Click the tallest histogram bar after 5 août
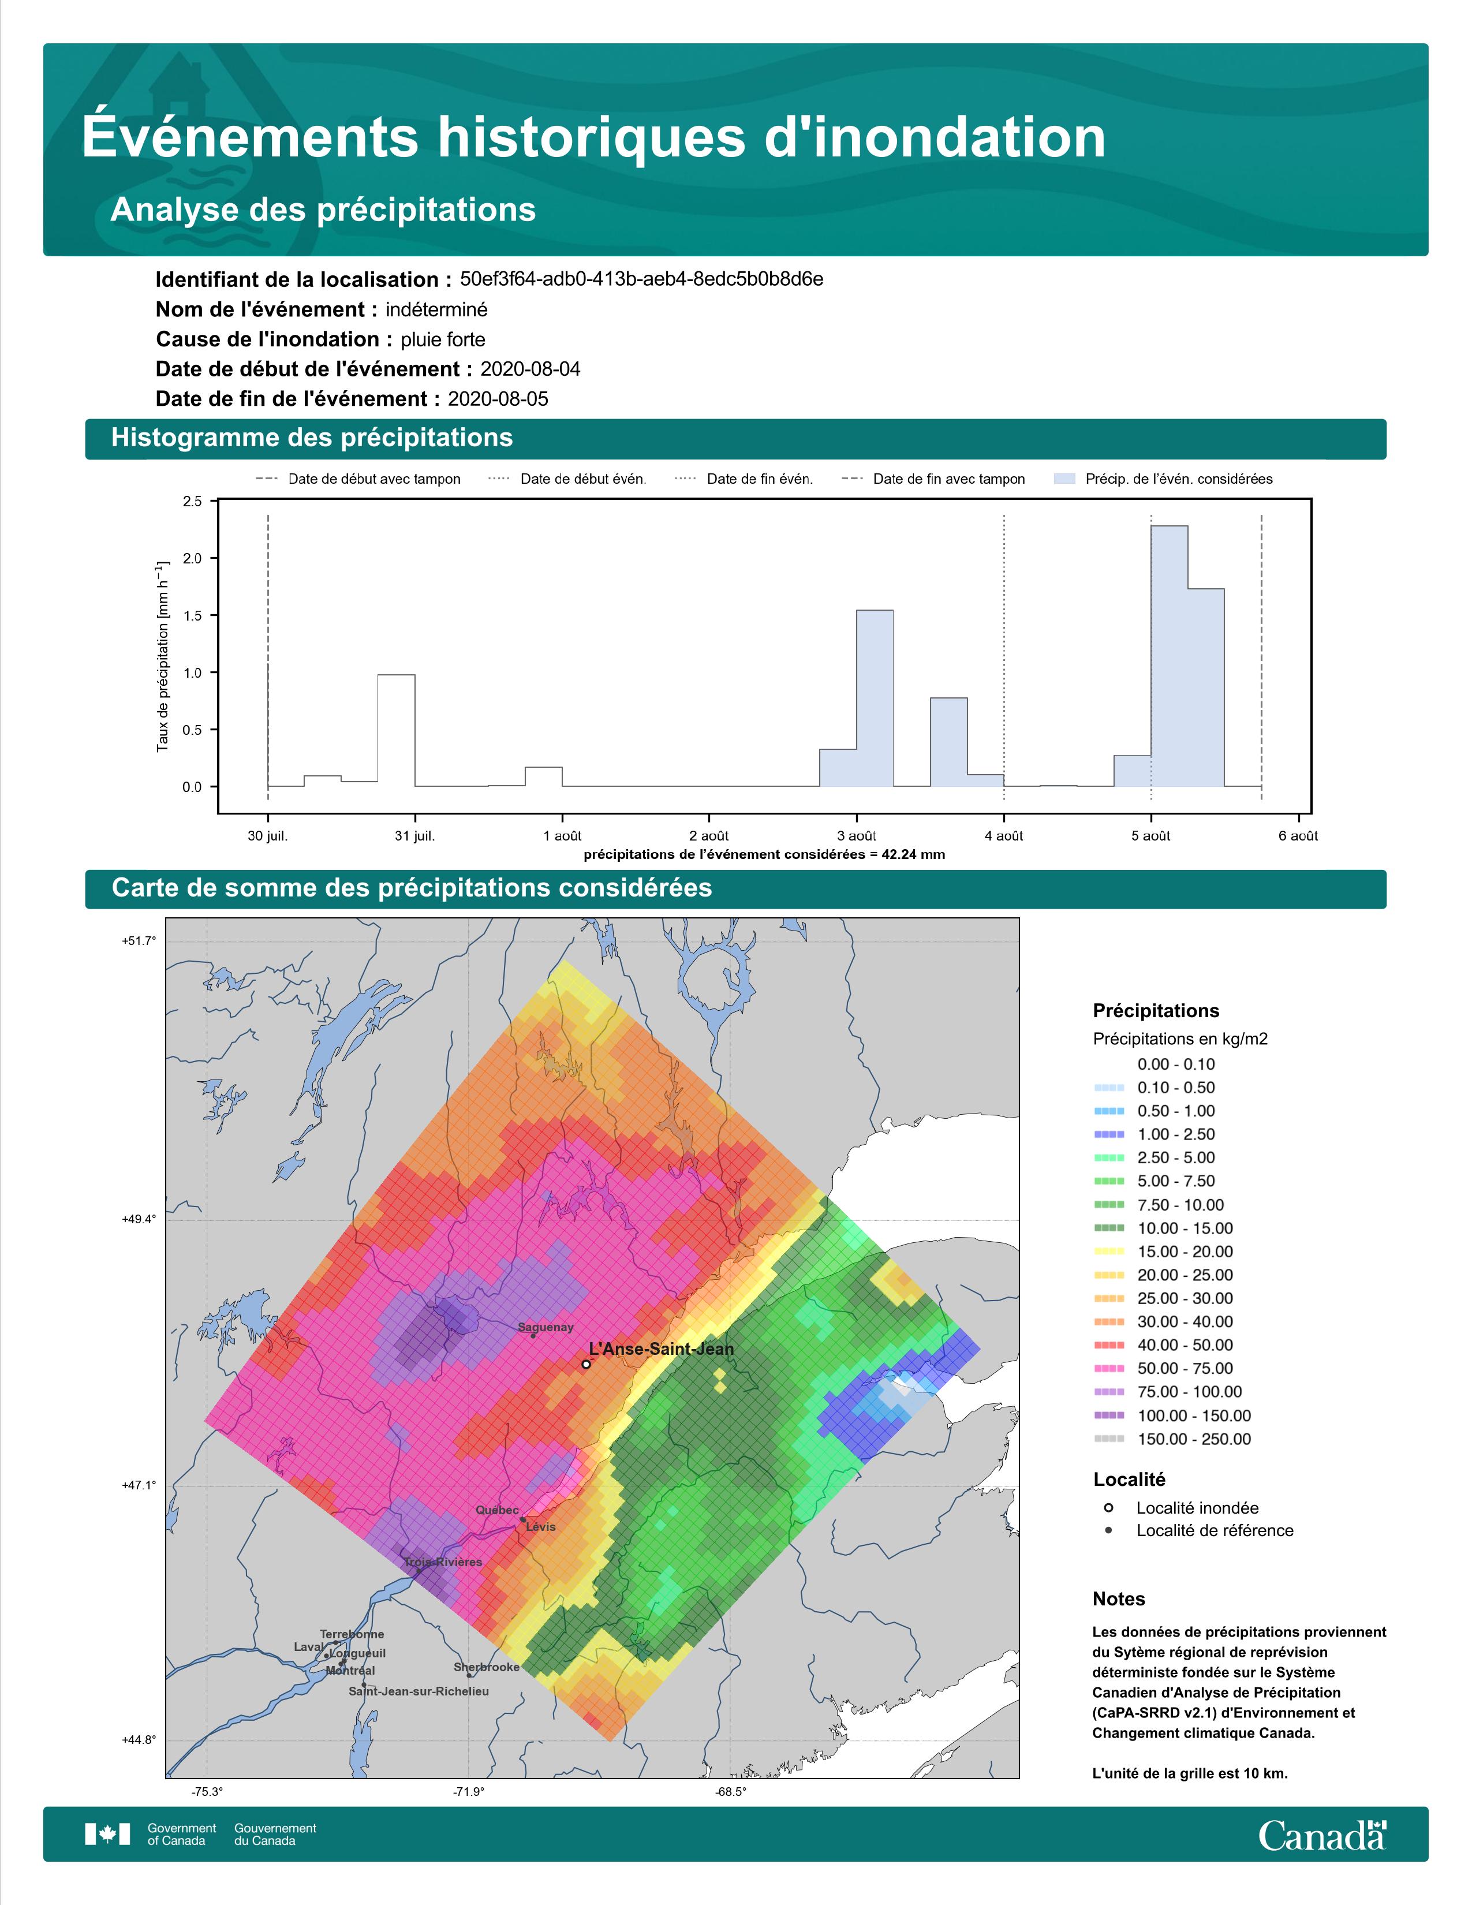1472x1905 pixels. click(1170, 656)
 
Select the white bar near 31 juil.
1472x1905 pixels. click(396, 731)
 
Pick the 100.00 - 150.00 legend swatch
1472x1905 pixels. click(1108, 1415)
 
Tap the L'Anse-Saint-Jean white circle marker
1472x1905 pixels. click(586, 1364)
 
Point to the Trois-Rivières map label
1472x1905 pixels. click(443, 1562)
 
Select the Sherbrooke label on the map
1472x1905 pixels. click(487, 1667)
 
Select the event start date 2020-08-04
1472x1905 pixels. click(530, 369)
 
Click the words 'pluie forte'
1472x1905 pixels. click(443, 339)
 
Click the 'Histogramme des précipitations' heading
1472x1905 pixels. click(312, 438)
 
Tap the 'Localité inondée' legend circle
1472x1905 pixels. click(1108, 1507)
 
